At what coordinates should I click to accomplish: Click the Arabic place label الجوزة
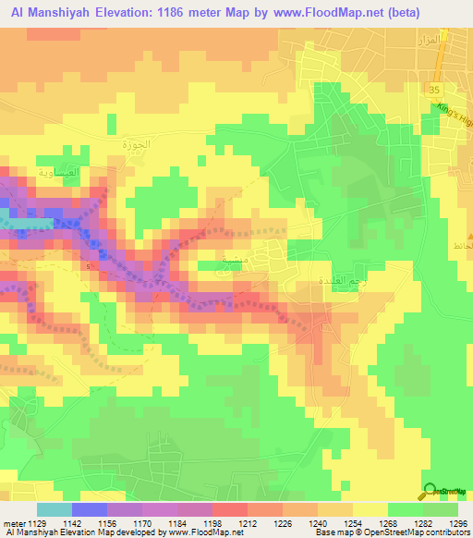136,145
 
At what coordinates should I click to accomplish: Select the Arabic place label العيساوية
56,172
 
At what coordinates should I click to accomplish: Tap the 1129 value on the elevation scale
35,522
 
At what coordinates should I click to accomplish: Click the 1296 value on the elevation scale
458,522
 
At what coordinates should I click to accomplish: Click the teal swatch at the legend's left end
54,509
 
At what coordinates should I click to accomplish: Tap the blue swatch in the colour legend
89,509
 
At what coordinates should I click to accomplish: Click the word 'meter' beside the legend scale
13,522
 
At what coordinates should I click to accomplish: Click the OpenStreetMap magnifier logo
431,493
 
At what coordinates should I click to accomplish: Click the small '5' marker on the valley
90,266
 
